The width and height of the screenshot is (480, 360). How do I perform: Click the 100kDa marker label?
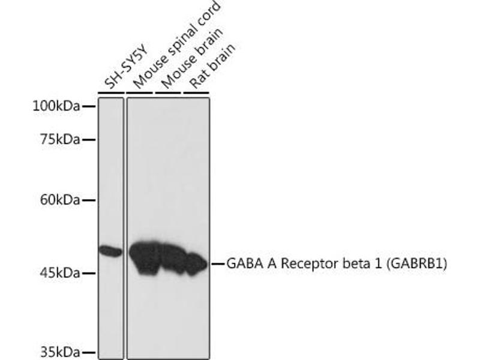(56, 106)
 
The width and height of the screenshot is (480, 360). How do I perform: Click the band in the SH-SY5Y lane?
(110, 251)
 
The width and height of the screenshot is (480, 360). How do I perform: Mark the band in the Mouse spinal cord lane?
(144, 257)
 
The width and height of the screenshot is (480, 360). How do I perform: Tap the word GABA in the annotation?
(243, 263)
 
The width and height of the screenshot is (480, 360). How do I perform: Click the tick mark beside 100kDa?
(88, 106)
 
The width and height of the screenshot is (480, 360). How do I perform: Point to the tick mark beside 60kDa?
(88, 200)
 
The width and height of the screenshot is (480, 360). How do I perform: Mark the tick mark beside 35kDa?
(88, 352)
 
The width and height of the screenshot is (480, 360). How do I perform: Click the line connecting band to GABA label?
(217, 263)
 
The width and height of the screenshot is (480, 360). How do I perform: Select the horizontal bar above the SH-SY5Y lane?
(110, 94)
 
